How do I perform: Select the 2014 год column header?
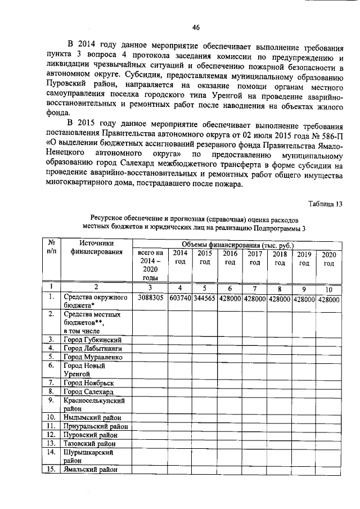[x=180, y=258]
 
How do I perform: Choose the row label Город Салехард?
[x=89, y=391]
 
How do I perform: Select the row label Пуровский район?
[x=92, y=435]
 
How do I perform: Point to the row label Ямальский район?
[x=92, y=470]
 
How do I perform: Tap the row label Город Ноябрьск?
[x=89, y=382]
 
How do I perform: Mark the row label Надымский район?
[x=92, y=417]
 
